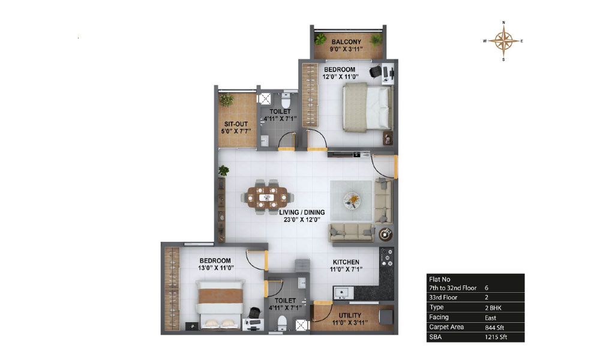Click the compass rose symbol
coord(503,41)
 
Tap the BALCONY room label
coord(346,42)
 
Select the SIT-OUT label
coord(236,124)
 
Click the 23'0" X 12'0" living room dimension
coord(302,220)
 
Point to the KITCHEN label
coord(346,262)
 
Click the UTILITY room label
coord(350,315)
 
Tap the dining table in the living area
coord(268,197)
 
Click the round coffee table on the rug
coord(352,200)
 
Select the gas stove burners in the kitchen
coord(387,257)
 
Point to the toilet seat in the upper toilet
coord(286,101)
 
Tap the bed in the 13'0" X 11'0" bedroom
coord(220,304)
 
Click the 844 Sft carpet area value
coord(494,328)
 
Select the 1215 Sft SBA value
coord(496,337)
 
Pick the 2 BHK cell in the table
coord(493,308)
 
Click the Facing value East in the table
coord(490,317)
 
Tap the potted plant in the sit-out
coord(226,100)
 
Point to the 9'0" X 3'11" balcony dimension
coord(346,49)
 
